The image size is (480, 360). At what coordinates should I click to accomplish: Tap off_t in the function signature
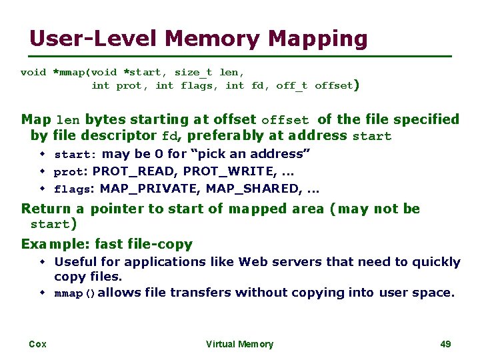pos(292,85)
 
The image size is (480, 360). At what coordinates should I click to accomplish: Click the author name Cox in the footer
pos(37,344)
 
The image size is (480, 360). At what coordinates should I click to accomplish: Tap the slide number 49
pos(446,344)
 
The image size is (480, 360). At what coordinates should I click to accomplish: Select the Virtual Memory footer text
pos(239,344)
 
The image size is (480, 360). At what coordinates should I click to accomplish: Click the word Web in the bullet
pos(251,261)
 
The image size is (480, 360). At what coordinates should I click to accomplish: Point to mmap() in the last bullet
pos(75,293)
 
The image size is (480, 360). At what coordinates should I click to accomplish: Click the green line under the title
pos(240,55)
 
